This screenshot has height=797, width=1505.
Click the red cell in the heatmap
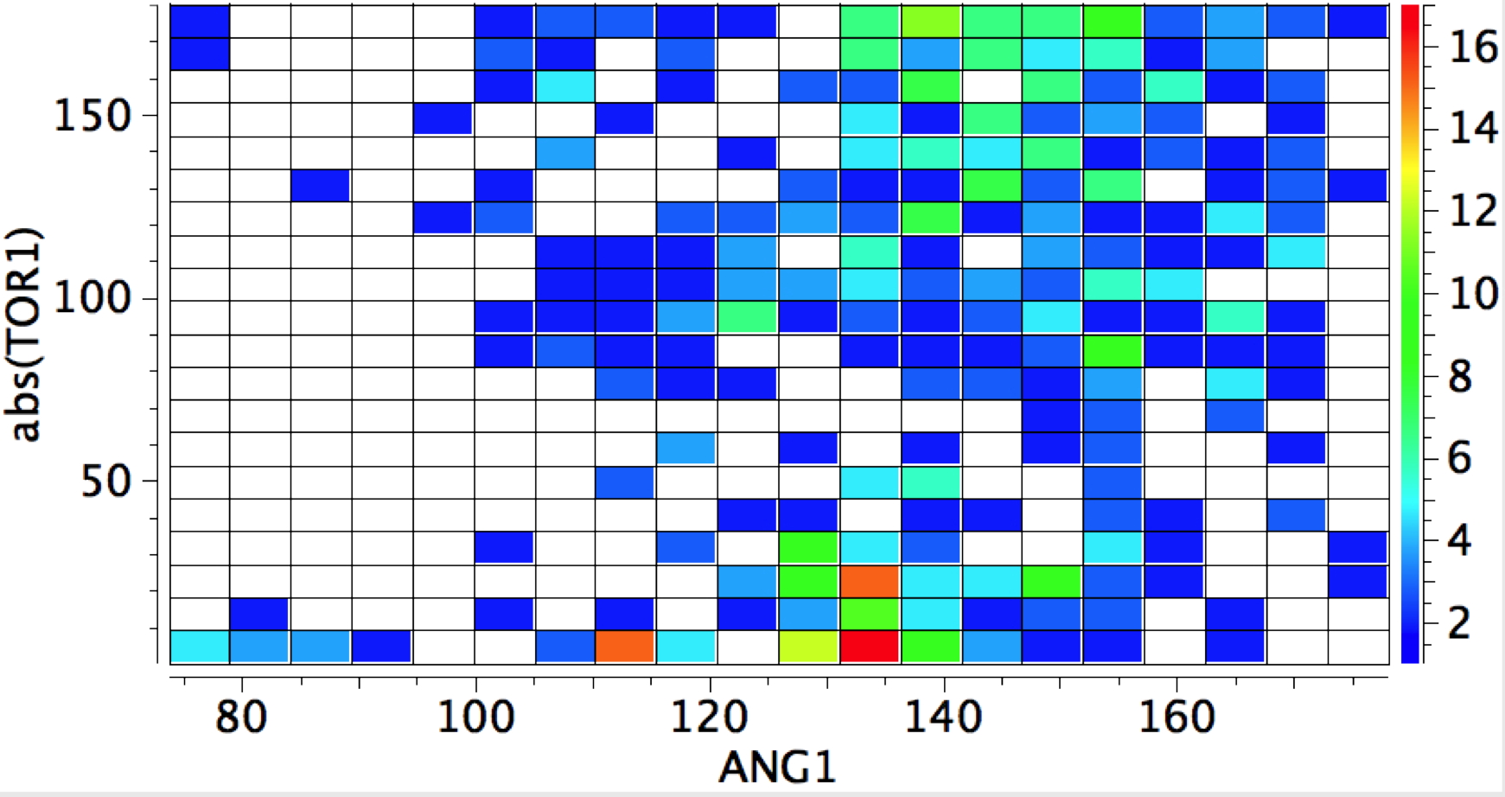(870, 647)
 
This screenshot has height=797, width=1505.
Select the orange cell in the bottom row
(625, 647)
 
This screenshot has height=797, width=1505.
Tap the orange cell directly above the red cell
(870, 581)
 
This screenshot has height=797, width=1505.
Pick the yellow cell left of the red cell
(808, 647)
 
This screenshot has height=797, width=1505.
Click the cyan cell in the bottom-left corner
(200, 647)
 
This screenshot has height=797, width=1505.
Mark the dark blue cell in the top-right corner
(1357, 22)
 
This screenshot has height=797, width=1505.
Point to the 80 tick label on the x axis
(241, 717)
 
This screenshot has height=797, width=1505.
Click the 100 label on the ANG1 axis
(475, 717)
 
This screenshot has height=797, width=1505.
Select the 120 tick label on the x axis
(710, 717)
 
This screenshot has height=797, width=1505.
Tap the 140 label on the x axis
(943, 717)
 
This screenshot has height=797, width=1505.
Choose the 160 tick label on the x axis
(1177, 717)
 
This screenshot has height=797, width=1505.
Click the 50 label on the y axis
(106, 481)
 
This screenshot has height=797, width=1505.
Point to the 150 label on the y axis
(93, 115)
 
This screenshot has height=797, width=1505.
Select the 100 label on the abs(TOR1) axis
(93, 299)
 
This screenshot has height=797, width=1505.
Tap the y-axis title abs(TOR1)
(26, 335)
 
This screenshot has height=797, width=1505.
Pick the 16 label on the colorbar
(1473, 47)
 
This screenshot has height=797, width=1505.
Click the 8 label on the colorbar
(1460, 377)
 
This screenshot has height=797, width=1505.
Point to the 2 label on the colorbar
(1460, 623)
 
